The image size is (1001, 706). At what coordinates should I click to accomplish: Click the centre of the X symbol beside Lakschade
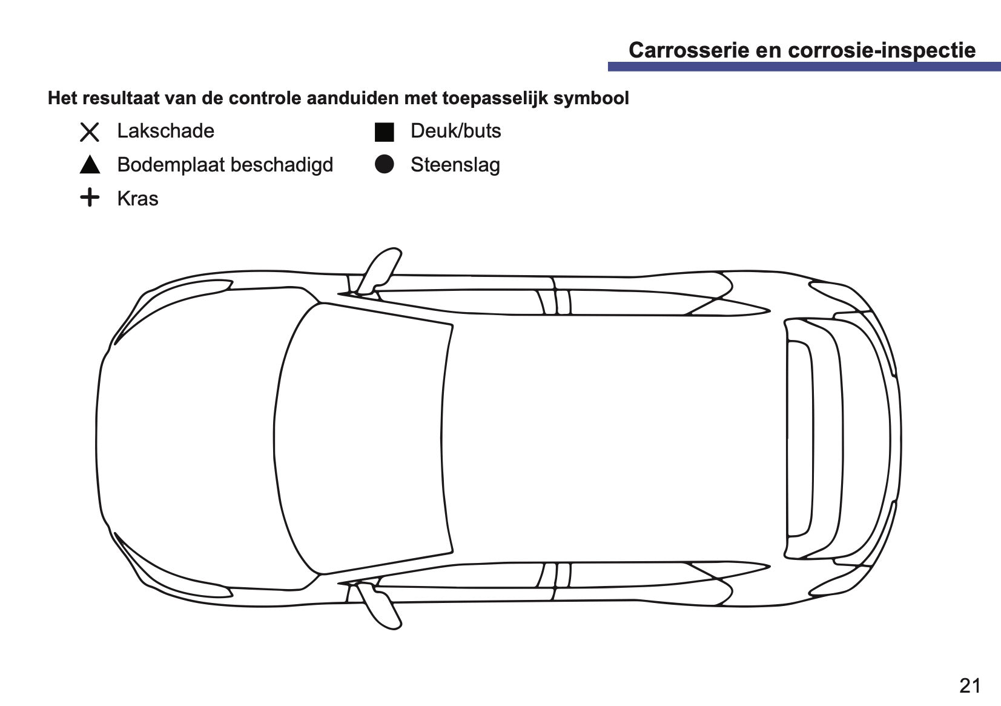(90, 132)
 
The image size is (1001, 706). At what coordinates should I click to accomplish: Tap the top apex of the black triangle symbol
(90, 156)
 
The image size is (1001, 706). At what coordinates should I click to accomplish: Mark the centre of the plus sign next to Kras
(90, 197)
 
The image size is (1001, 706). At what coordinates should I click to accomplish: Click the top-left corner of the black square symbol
(375, 123)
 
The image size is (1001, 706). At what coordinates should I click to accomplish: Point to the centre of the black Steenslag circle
(385, 164)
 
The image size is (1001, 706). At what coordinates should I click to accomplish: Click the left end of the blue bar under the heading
(608, 67)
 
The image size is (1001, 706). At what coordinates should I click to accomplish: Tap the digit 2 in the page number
(965, 686)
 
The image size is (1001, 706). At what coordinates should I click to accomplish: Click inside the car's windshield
(362, 438)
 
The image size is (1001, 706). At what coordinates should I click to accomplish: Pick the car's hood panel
(188, 438)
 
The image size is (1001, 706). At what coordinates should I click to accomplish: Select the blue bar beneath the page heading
(804, 67)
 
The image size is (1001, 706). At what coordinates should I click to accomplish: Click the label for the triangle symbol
(225, 165)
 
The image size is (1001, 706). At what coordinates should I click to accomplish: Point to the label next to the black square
(456, 131)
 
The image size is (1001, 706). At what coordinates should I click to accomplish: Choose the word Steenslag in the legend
(455, 165)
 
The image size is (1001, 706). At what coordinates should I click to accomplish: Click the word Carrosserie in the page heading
(689, 50)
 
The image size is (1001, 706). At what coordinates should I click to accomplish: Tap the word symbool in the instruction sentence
(591, 98)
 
